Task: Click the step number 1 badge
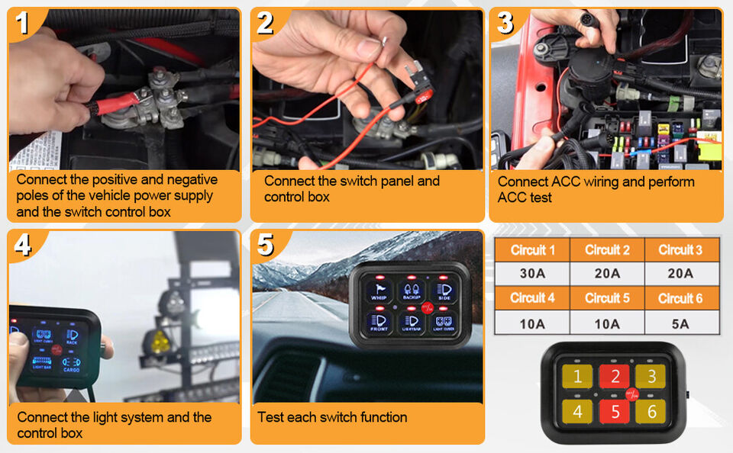[23, 23]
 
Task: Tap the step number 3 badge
[505, 23]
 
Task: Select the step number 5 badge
[266, 245]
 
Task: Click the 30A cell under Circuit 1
[531, 273]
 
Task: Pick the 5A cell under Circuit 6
[680, 323]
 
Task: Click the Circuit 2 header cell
[607, 249]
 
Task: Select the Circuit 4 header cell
[531, 298]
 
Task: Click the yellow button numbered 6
[651, 411]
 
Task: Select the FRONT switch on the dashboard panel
[379, 323]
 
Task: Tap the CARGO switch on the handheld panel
[71, 365]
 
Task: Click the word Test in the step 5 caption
[272, 417]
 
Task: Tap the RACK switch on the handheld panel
[72, 336]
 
